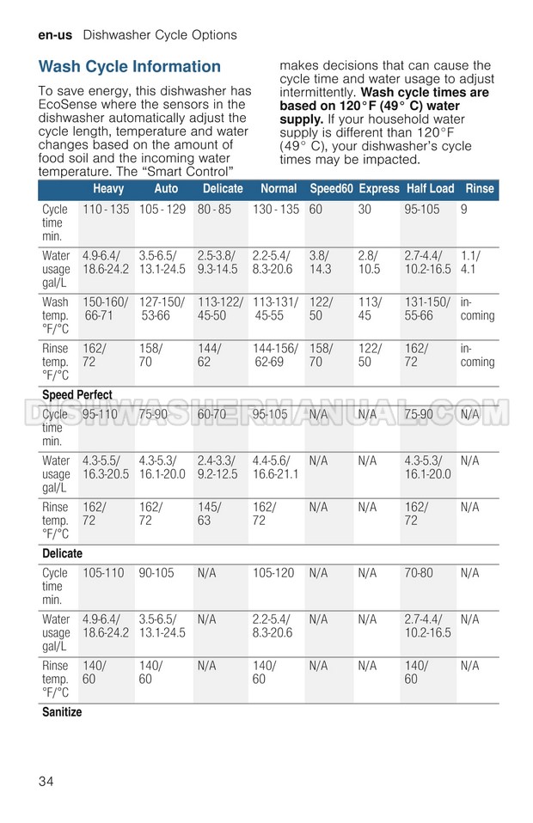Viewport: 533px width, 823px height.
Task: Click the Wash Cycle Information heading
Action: coord(130,67)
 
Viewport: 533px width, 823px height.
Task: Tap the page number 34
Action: coord(47,782)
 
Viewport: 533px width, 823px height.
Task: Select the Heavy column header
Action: coord(108,189)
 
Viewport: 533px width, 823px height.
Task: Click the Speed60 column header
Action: coord(331,189)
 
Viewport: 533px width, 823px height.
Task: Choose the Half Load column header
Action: coord(430,189)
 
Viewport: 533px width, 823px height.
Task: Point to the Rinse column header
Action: coord(479,189)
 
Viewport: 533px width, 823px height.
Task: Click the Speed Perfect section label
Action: coord(77,395)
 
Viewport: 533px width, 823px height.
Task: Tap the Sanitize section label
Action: coord(62,712)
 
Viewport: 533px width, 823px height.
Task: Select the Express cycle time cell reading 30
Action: coord(365,210)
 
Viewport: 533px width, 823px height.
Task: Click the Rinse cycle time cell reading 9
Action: coord(464,210)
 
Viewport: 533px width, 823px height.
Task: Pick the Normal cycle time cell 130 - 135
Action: coord(276,210)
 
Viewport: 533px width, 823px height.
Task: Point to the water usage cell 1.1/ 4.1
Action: coord(470,262)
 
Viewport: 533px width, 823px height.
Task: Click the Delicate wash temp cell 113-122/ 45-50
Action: coord(220,309)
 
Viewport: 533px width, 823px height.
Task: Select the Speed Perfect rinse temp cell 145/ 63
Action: coord(209,514)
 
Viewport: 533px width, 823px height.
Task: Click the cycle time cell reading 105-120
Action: coord(273,573)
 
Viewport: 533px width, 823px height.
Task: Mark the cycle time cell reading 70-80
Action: coord(419,573)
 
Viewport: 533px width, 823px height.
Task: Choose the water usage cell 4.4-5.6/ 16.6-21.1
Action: coord(275,467)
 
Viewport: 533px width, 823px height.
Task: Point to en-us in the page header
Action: coord(55,35)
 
